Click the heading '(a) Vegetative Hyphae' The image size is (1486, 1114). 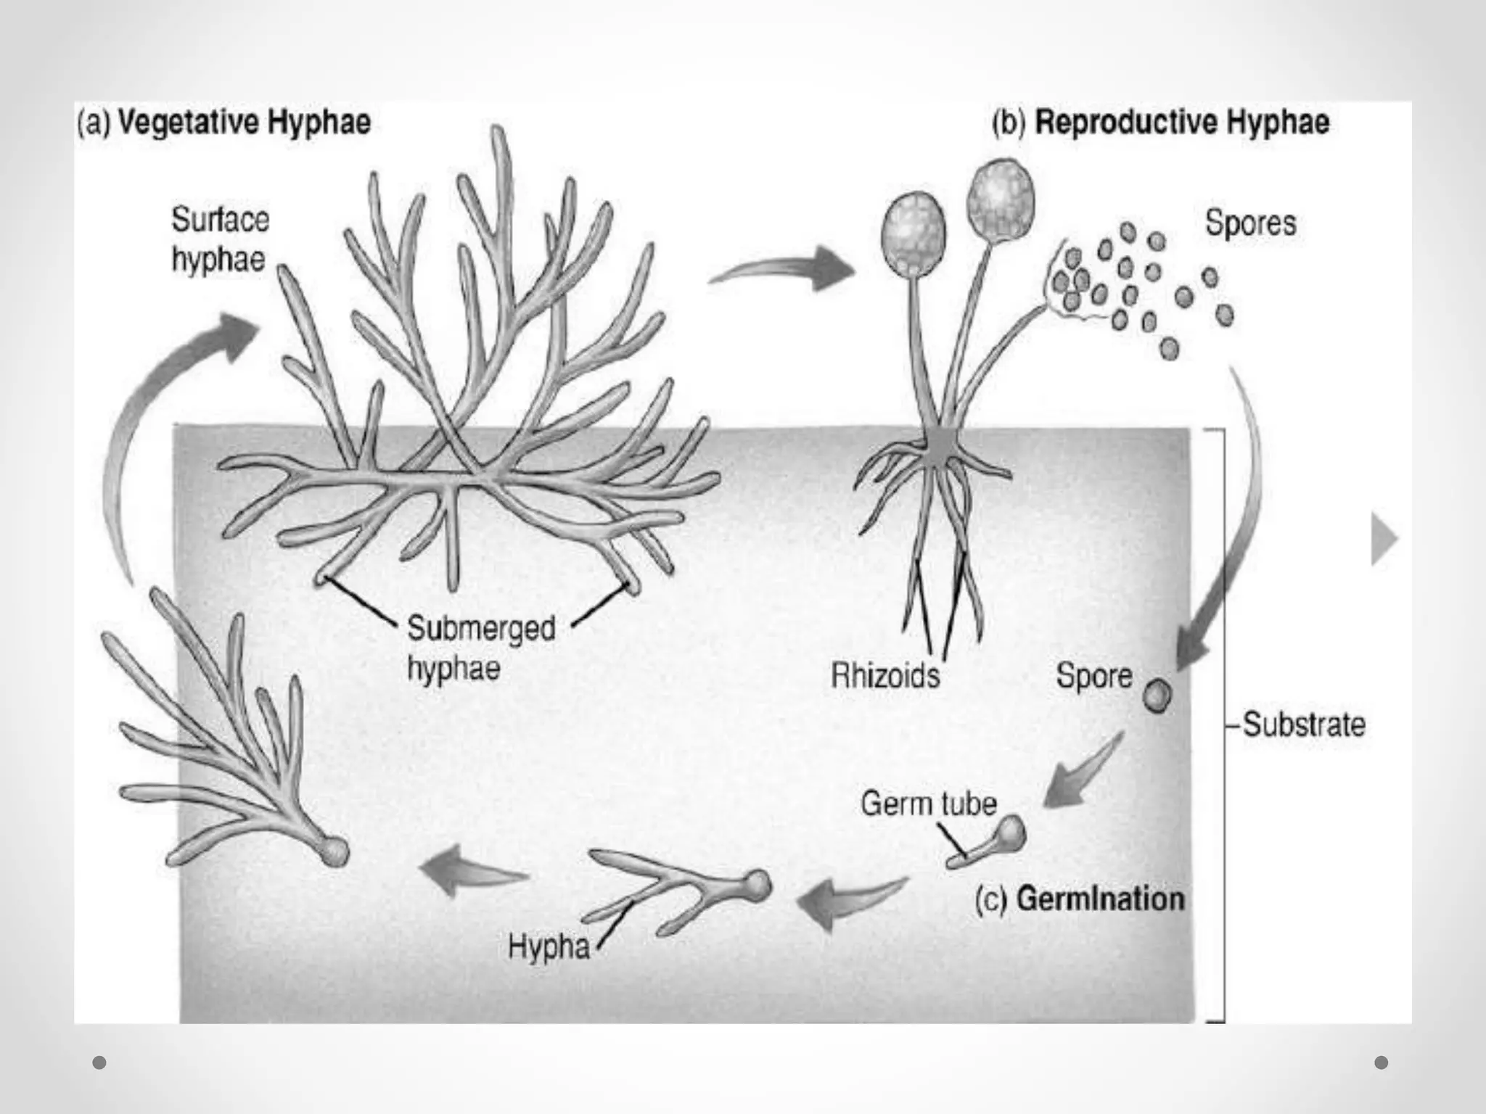(224, 122)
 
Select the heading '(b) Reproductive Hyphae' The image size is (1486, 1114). (1161, 122)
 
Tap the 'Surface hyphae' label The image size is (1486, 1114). (220, 239)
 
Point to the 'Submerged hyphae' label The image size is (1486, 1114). (481, 648)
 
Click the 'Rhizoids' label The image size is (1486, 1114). (885, 675)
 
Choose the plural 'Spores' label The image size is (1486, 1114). (1250, 223)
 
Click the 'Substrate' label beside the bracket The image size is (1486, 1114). (1304, 724)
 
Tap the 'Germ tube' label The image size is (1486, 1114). (929, 804)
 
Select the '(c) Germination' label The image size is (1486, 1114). (1080, 899)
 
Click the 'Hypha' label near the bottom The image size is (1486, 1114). (549, 947)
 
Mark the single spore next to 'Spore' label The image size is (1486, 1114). (1157, 696)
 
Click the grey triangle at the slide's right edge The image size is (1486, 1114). (1384, 538)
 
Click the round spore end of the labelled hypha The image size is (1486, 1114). (756, 885)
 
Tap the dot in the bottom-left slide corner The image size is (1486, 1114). (100, 1063)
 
